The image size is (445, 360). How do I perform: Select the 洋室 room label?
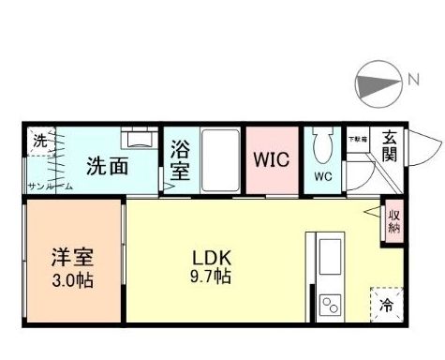tap(72, 256)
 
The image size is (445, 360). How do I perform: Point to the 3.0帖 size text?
tap(72, 278)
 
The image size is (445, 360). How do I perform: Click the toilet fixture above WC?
tap(323, 146)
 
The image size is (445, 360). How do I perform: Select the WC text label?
tap(323, 176)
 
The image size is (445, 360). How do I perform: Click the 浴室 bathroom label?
tap(181, 159)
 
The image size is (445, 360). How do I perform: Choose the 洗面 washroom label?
tap(107, 168)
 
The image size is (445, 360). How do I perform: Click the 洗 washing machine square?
tap(38, 142)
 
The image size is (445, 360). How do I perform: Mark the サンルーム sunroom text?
tap(50, 186)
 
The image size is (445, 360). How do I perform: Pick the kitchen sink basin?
tap(331, 256)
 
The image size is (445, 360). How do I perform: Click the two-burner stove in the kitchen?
tap(331, 303)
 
